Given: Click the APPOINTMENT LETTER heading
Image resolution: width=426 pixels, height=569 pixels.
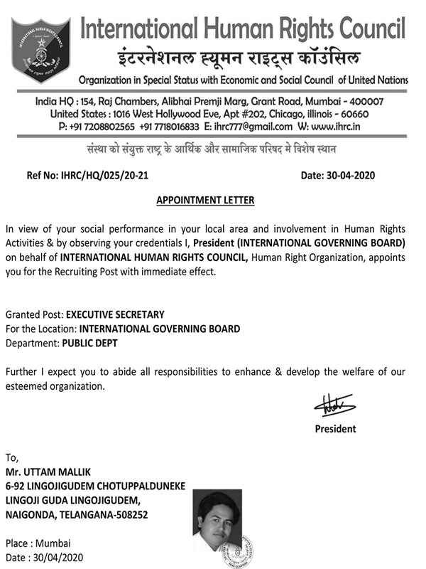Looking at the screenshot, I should point(205,201).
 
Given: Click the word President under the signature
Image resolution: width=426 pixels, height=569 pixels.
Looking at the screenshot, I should point(336,429).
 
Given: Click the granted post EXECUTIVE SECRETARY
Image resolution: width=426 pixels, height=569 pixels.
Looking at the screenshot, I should point(115,314).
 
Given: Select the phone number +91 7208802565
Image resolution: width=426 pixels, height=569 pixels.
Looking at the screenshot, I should point(99,127).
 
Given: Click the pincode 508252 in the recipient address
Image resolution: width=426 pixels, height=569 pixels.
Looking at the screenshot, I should point(128,514).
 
